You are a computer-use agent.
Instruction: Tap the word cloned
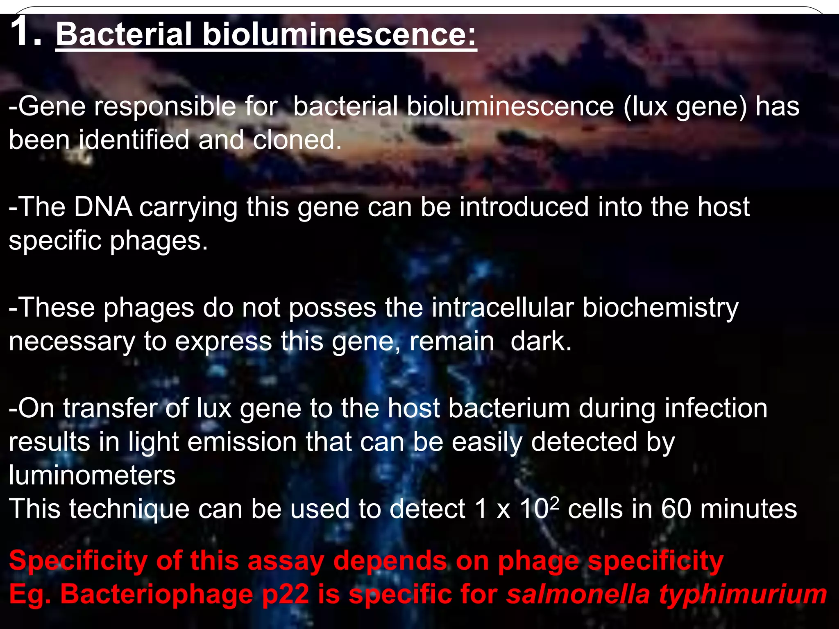(x=297, y=140)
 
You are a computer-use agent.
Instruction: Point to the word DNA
(x=103, y=207)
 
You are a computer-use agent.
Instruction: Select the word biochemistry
(x=660, y=308)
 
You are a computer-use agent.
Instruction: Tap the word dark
(x=540, y=341)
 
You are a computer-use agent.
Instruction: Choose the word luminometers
(x=92, y=475)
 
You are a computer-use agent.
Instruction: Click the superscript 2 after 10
(x=554, y=503)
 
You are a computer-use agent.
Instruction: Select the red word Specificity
(x=78, y=561)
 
